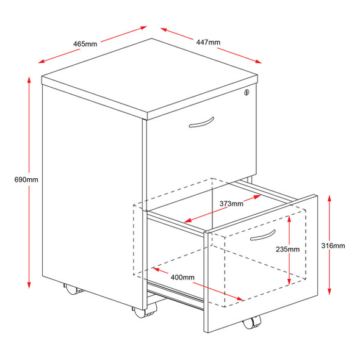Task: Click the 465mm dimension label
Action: tap(85, 43)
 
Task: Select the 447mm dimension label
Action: tap(208, 42)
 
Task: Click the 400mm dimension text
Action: tap(183, 278)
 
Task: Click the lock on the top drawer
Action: tap(247, 93)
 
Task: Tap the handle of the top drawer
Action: tap(202, 123)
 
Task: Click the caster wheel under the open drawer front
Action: tap(250, 323)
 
